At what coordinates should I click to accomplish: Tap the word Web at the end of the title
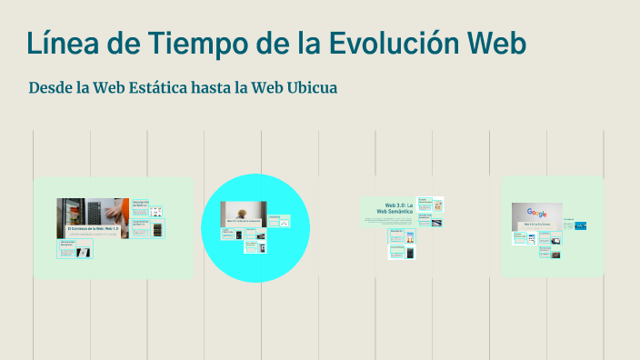tap(494, 43)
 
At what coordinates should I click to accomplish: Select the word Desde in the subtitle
tap(52, 88)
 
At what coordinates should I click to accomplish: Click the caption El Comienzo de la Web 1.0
tap(92, 228)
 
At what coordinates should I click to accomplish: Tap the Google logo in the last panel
tap(536, 213)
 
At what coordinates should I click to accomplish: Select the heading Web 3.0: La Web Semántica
tap(399, 208)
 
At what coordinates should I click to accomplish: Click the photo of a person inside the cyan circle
tap(244, 212)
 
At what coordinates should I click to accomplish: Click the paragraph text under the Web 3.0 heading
tap(389, 221)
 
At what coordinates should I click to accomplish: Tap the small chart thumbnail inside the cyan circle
tap(285, 222)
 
